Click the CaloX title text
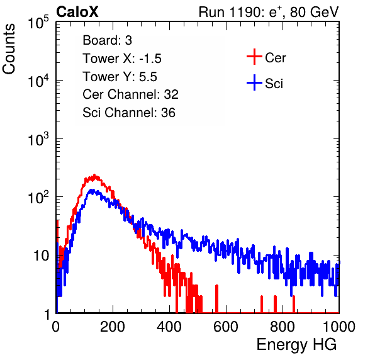click(77, 12)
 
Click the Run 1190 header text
click(269, 13)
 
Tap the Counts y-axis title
click(9, 49)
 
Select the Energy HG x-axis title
click(296, 345)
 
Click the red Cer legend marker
click(254, 57)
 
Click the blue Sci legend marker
click(254, 82)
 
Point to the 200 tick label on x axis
click(113, 327)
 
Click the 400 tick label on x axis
click(169, 327)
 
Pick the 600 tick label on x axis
click(226, 327)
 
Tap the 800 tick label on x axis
click(283, 327)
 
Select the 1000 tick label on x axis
click(339, 327)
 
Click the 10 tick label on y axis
click(41, 256)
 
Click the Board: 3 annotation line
click(107, 40)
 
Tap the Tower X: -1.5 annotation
click(122, 59)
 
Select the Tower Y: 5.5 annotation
click(120, 77)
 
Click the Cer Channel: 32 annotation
click(131, 94)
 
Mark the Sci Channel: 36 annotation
click(129, 113)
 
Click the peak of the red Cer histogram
click(94, 175)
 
